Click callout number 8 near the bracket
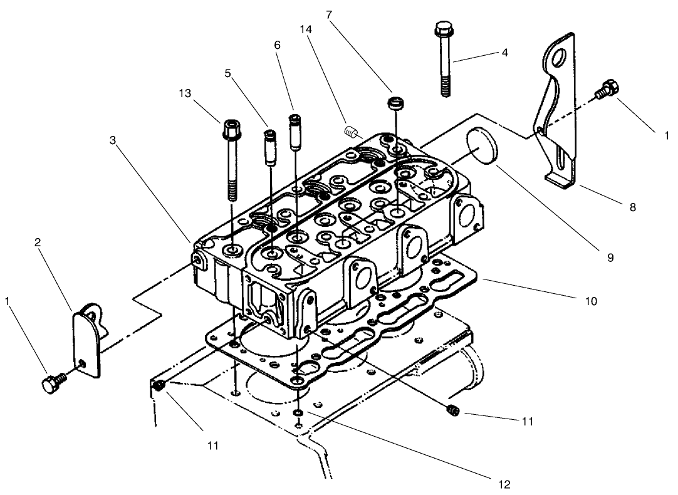click(x=632, y=207)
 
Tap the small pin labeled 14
click(x=351, y=132)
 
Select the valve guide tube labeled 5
click(x=270, y=148)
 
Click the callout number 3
click(x=113, y=141)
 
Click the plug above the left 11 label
click(x=160, y=386)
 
